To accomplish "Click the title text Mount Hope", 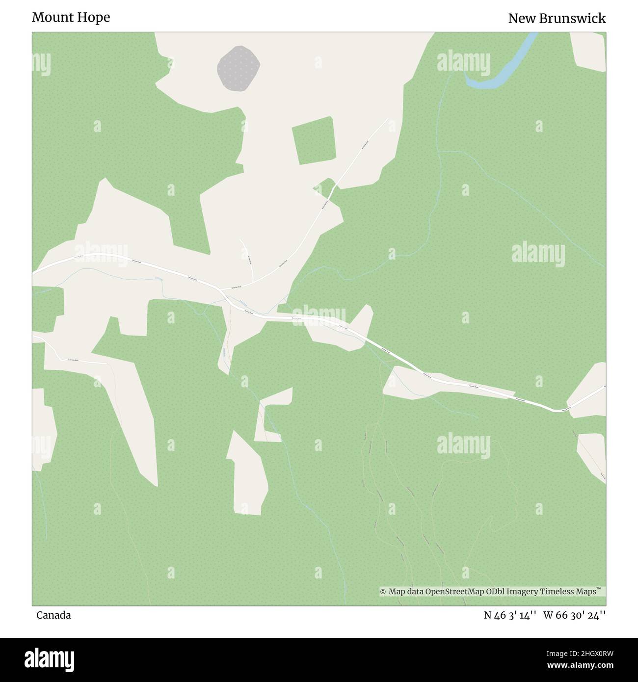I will tap(71, 18).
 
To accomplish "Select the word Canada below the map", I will tap(53, 615).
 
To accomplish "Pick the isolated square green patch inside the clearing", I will tap(314, 140).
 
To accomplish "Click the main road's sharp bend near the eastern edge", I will tap(556, 410).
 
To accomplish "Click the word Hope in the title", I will tap(93, 18).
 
